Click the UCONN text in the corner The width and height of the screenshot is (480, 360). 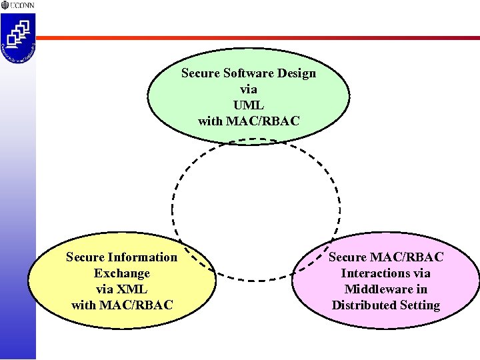(23, 5)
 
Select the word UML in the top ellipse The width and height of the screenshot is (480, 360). (249, 105)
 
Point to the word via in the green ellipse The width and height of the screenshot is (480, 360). (249, 89)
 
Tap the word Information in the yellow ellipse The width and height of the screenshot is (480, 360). (143, 257)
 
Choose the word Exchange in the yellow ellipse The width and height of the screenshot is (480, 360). (122, 273)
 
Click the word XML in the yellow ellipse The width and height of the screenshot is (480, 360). (132, 289)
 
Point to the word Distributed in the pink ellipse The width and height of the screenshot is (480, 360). (364, 305)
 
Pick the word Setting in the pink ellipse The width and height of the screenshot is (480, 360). (420, 305)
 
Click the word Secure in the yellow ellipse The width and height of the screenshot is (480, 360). (85, 257)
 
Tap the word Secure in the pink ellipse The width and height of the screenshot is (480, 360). (347, 257)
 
